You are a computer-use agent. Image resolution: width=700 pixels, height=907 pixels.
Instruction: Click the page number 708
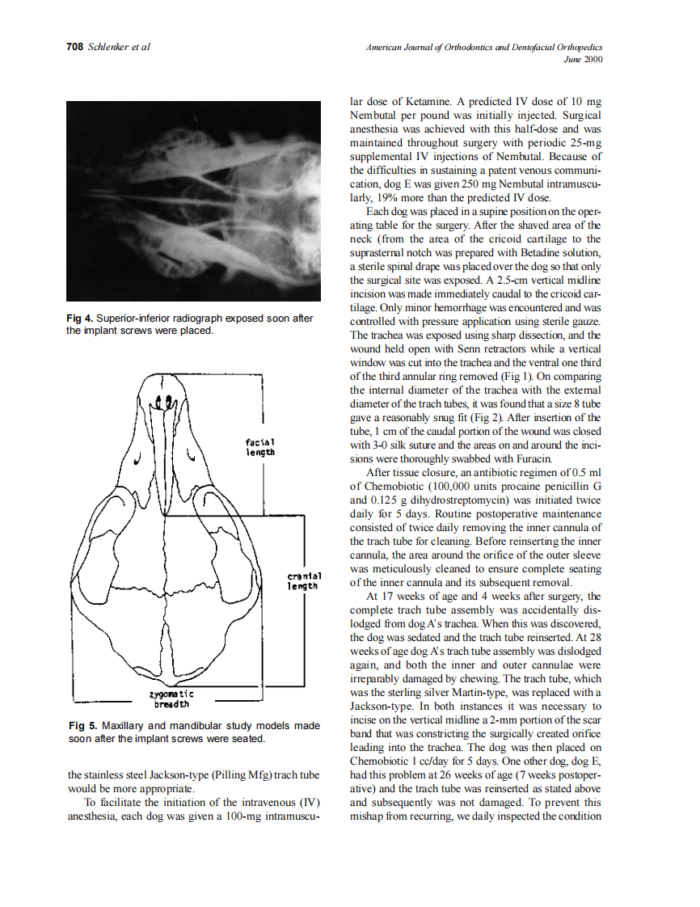pyautogui.click(x=74, y=47)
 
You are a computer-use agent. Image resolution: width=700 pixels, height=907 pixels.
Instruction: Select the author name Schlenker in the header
pyautogui.click(x=109, y=47)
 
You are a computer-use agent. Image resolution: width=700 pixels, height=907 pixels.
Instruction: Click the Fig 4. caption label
pyautogui.click(x=79, y=319)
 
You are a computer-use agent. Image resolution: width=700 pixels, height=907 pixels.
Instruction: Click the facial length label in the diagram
pyautogui.click(x=260, y=447)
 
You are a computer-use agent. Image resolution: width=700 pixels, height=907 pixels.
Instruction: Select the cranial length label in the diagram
pyautogui.click(x=305, y=580)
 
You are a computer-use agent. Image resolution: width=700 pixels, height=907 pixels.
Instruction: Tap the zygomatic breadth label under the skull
pyautogui.click(x=171, y=698)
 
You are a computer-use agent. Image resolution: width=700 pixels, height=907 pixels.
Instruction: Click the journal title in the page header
pyautogui.click(x=483, y=47)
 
